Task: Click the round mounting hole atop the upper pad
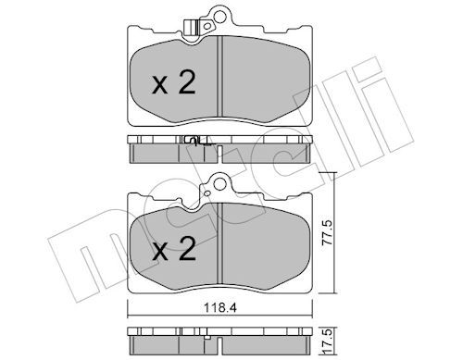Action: tap(219, 14)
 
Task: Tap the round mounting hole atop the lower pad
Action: tap(219, 183)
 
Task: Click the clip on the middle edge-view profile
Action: tap(194, 141)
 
